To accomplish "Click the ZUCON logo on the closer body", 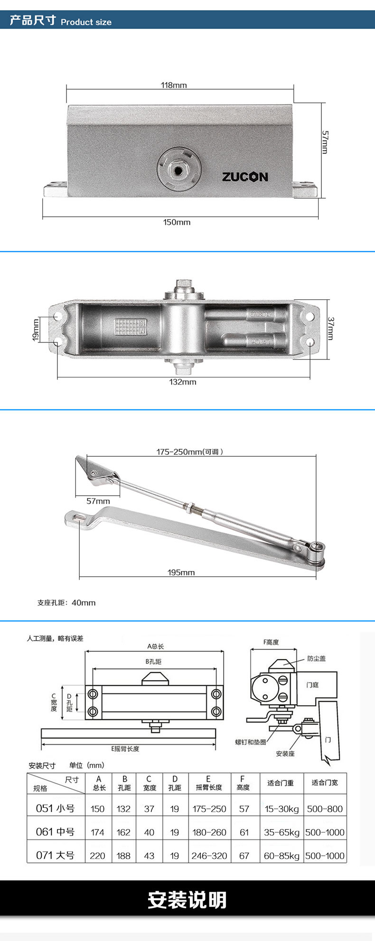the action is [x=245, y=177].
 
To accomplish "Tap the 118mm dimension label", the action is [x=174, y=85].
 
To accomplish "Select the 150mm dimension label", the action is [x=177, y=222].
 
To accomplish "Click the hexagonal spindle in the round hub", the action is [x=179, y=169].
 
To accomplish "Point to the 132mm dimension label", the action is [x=183, y=382].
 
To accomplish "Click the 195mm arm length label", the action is [x=181, y=572].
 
